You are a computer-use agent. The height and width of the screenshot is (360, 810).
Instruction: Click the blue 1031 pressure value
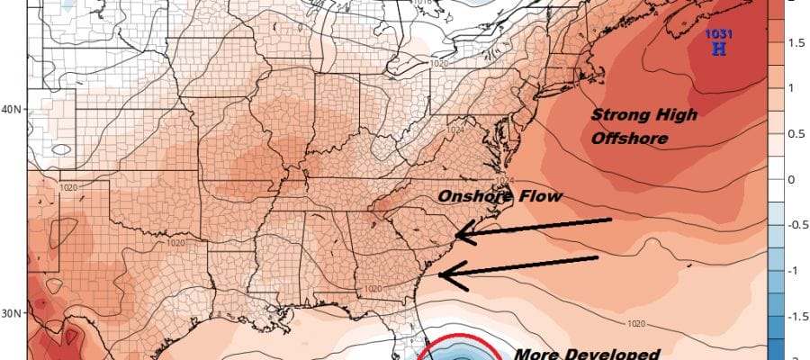tap(718, 34)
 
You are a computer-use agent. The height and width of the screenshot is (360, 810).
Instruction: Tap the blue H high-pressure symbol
tap(718, 50)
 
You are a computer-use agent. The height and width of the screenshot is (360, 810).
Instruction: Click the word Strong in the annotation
tap(617, 115)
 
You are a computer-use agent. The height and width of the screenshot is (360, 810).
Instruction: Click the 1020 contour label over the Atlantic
tap(635, 322)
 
